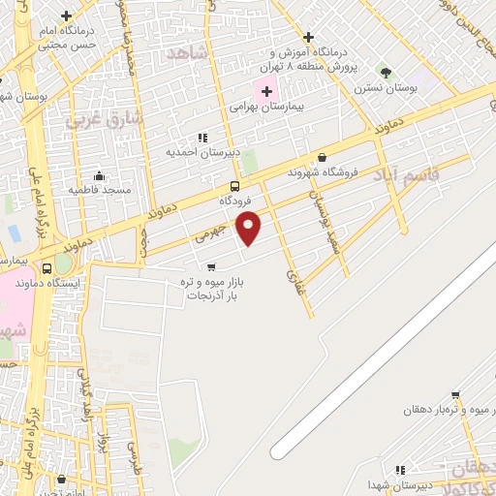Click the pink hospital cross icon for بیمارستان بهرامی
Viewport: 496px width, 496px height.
pyautogui.click(x=267, y=92)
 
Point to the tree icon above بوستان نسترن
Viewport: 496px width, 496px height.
pyautogui.click(x=387, y=73)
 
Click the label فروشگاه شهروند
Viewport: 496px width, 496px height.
pyautogui.click(x=323, y=172)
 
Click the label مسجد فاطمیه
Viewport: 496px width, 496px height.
pyautogui.click(x=99, y=190)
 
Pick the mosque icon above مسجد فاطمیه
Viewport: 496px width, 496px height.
pyautogui.click(x=99, y=175)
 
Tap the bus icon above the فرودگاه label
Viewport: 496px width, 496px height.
pyautogui.click(x=235, y=186)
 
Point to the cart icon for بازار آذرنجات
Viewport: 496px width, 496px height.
pyautogui.click(x=211, y=265)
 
